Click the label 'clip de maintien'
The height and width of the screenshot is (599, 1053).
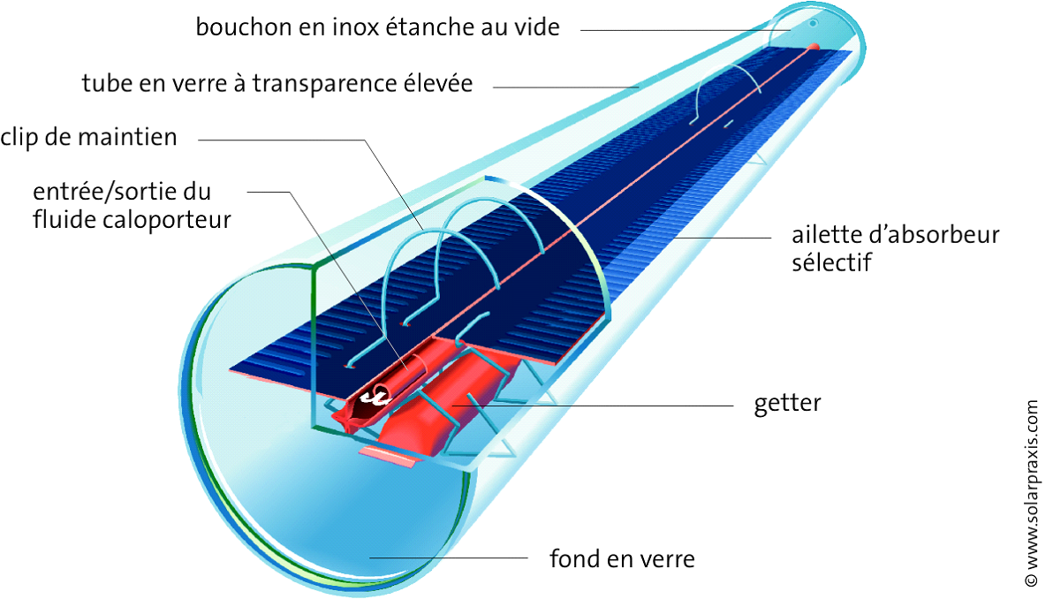[x=89, y=138]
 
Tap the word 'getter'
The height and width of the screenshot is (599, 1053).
[x=787, y=404]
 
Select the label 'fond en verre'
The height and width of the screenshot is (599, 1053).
[x=622, y=558]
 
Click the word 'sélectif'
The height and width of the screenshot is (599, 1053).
[x=831, y=262]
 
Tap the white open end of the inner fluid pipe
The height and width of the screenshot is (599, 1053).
[x=380, y=393]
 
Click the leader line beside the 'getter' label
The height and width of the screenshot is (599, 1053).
[x=618, y=405]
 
